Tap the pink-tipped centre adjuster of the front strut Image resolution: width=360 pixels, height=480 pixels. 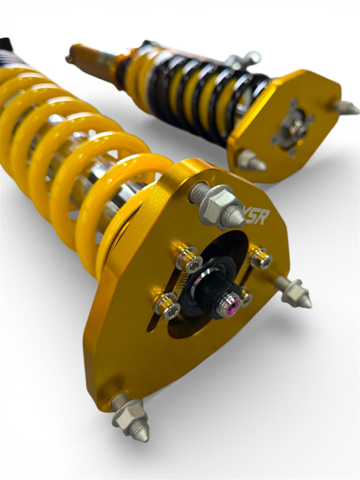point(230,304)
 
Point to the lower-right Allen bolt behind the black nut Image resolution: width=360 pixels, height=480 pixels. point(245,297)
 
